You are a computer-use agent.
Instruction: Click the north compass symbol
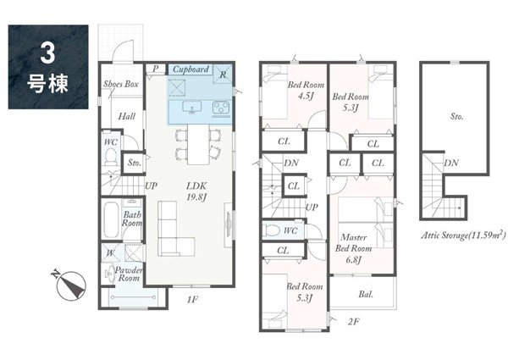[70, 285]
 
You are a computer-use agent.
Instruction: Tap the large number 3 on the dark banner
[47, 53]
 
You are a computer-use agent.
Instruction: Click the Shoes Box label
[121, 84]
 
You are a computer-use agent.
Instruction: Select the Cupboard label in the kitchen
[190, 69]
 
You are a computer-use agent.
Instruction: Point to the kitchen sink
[192, 108]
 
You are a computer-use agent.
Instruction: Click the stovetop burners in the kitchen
[221, 108]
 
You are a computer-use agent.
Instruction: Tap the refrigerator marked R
[223, 74]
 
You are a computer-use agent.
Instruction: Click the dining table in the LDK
[198, 145]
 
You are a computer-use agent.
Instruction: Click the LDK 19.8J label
[196, 191]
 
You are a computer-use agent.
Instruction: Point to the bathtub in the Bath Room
[111, 220]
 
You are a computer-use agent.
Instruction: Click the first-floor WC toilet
[111, 156]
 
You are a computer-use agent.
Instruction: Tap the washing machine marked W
[111, 252]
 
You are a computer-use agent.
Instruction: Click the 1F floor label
[192, 299]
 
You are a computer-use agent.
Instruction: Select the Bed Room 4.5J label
[306, 90]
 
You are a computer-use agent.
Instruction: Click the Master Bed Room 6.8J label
[353, 248]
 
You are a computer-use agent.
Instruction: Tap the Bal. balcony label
[366, 295]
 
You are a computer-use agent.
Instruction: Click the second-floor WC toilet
[272, 230]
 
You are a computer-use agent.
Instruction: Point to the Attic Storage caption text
[463, 235]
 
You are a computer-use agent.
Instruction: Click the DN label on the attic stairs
[451, 163]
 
